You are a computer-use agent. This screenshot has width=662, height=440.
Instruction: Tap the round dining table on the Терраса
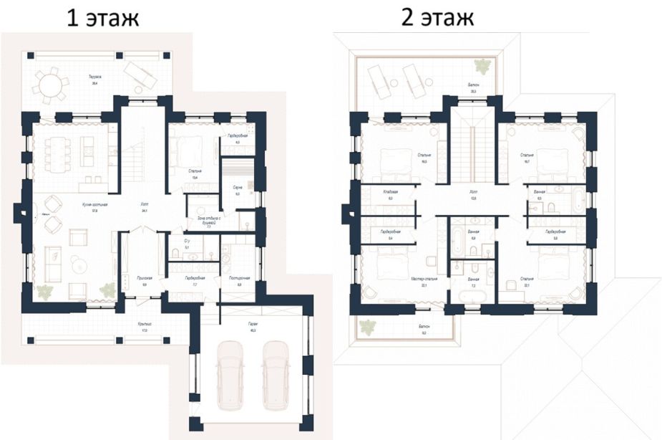51,85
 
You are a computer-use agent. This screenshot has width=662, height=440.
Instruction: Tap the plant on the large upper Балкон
485,66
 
